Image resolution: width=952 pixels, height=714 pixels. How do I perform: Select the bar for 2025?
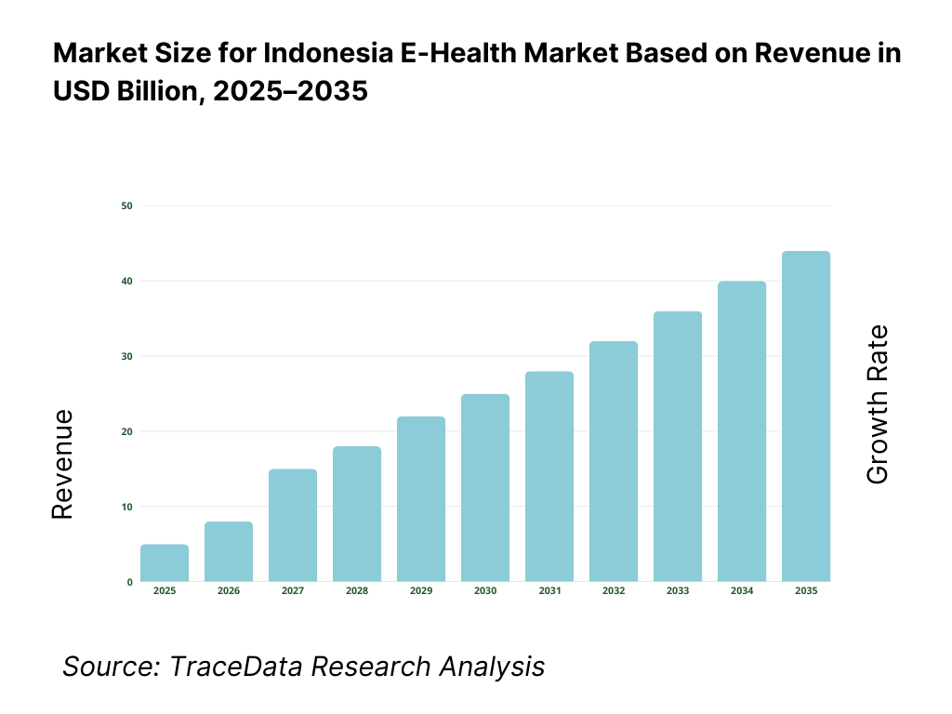coord(165,563)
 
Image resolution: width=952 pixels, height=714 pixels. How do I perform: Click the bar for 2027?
coord(293,525)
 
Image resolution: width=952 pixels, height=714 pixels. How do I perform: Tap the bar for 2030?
coord(485,488)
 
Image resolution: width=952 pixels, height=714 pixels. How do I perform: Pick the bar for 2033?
coord(678,446)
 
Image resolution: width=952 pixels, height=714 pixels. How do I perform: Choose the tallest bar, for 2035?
coord(806,416)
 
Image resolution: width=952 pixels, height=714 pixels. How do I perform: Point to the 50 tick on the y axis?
coord(126,205)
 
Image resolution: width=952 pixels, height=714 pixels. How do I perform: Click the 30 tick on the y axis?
coord(126,356)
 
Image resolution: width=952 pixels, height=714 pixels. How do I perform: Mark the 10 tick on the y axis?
coord(126,507)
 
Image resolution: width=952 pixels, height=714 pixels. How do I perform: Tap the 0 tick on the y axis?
coord(129,582)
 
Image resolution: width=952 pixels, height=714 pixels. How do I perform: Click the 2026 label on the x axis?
coord(229,591)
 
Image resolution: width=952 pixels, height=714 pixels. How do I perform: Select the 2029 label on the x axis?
coord(421,591)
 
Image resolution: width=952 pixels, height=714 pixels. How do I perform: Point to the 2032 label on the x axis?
coord(614,591)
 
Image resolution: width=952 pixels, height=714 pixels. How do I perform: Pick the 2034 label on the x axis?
coord(742,591)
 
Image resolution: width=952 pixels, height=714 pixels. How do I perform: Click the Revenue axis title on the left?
coord(62,464)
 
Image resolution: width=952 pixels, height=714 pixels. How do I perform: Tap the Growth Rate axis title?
coord(877,404)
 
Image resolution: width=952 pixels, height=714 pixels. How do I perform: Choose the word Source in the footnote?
coord(99,667)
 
